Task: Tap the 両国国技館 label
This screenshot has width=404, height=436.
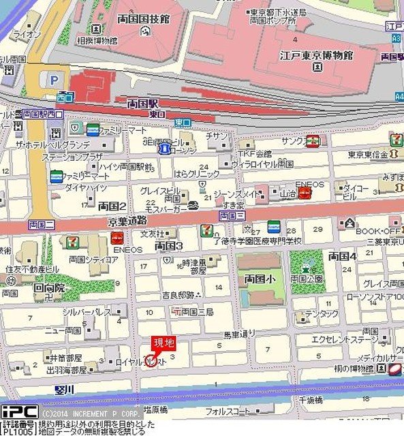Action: pos(142,20)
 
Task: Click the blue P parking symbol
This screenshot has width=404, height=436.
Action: pos(52,80)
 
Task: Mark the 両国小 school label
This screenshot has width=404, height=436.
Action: pos(260,279)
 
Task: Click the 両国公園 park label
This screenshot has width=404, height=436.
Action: pos(306,278)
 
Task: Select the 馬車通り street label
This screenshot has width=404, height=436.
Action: pos(240,334)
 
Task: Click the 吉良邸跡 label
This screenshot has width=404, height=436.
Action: pos(178,294)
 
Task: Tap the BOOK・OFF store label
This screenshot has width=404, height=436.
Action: pos(377,231)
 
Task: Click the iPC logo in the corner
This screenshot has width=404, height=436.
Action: pos(18,412)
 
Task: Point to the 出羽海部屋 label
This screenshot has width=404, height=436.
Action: pos(67,370)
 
